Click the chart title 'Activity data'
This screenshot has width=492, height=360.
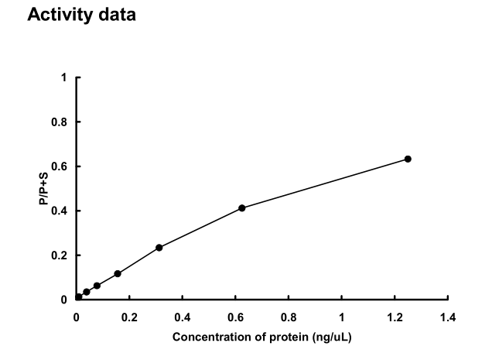pyautogui.click(x=81, y=15)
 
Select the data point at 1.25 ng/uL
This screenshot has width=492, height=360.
pyautogui.click(x=408, y=159)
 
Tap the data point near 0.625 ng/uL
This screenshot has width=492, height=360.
pyautogui.click(x=242, y=207)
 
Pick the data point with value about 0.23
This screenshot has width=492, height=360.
pyautogui.click(x=159, y=248)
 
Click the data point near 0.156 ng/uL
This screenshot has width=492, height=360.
pyautogui.click(x=118, y=273)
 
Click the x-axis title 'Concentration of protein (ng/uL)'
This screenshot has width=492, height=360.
pyautogui.click(x=261, y=338)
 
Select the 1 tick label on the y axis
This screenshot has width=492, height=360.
pyautogui.click(x=64, y=78)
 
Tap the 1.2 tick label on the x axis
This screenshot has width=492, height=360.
pyautogui.click(x=395, y=317)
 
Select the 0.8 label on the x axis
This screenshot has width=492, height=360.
pyautogui.click(x=289, y=317)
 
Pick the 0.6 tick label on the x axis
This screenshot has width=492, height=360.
pyautogui.click(x=235, y=317)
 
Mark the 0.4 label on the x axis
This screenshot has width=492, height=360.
pyautogui.click(x=183, y=317)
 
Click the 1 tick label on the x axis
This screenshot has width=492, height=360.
pyautogui.click(x=342, y=317)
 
